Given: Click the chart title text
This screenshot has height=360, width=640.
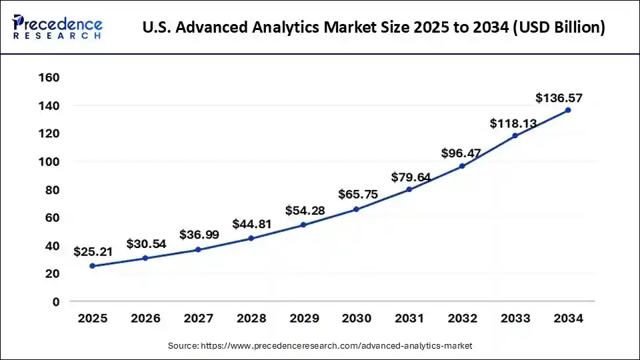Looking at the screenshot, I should point(374,28).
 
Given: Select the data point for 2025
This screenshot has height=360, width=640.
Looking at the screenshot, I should point(92,266).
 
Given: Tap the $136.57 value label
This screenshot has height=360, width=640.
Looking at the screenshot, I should point(559,99).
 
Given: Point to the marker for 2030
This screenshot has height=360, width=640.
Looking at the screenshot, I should point(356,209).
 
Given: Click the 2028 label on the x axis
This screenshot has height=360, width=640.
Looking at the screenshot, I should point(251,319).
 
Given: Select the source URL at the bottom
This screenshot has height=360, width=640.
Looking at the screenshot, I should point(320,345).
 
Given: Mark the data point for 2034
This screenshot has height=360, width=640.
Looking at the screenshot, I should point(567,110).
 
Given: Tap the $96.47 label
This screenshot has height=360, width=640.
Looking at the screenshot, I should point(461,153).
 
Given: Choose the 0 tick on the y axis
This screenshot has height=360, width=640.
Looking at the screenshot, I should point(55,302).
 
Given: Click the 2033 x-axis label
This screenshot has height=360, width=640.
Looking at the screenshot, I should point(515,319).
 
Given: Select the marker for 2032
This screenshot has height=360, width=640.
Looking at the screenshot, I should point(462,166).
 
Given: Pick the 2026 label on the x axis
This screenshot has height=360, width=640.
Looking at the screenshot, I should point(145,319).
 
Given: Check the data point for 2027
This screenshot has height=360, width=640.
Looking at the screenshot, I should point(198,249).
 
